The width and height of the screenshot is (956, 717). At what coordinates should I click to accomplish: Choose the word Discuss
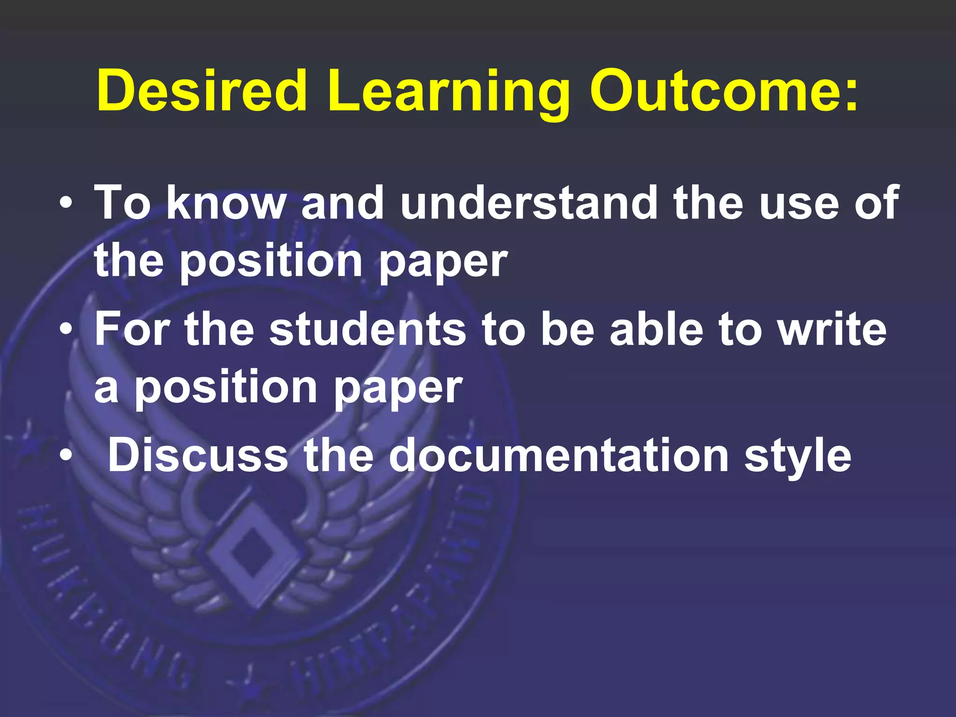pyautogui.click(x=198, y=455)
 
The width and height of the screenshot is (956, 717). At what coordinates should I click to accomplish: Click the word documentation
pyautogui.click(x=558, y=455)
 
